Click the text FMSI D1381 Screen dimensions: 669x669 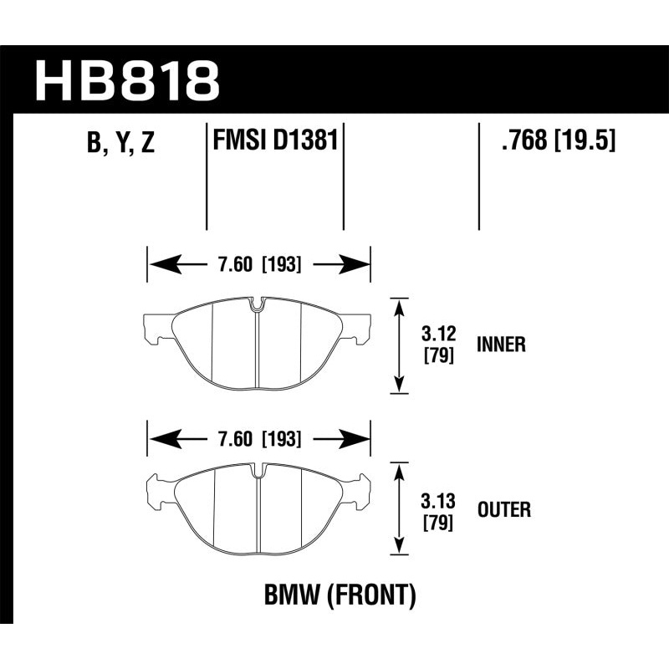point(275,139)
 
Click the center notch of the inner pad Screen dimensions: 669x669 point(258,306)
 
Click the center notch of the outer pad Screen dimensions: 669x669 point(258,471)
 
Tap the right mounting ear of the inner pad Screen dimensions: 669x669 point(359,328)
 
